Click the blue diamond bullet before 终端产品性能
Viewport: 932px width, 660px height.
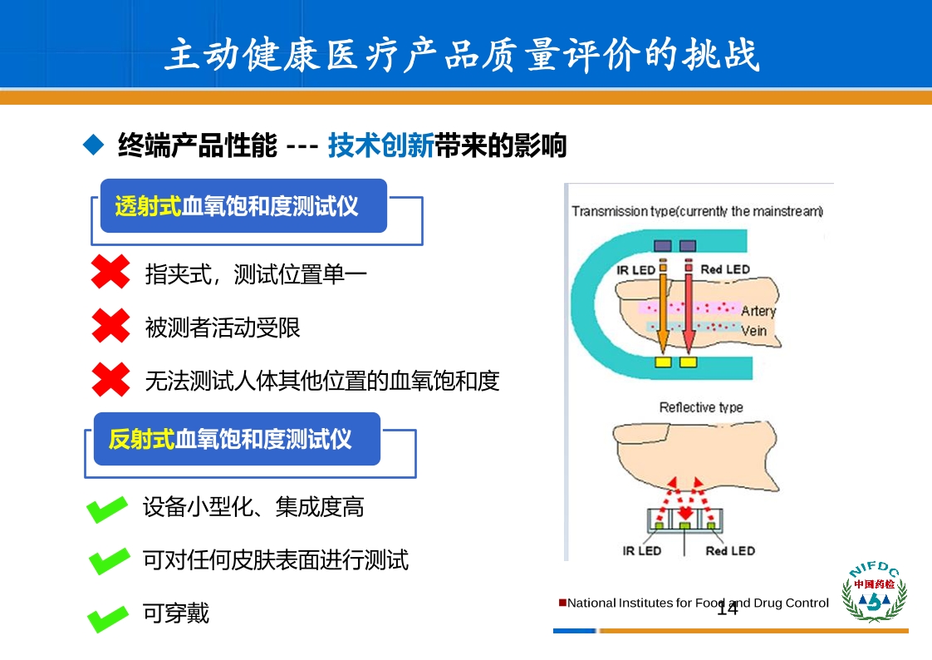[94, 145]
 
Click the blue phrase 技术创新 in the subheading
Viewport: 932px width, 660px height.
[381, 145]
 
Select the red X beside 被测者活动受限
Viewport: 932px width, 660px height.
[110, 326]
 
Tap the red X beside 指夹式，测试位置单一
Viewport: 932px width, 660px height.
[110, 272]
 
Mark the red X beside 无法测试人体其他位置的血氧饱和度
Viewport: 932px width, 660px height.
[110, 379]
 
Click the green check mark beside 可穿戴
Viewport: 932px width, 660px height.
[108, 618]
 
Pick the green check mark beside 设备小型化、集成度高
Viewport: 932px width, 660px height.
[107, 509]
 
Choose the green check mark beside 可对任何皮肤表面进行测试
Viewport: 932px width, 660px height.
[109, 561]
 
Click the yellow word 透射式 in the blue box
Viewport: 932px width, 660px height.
[148, 206]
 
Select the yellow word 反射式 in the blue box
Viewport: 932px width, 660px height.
[141, 440]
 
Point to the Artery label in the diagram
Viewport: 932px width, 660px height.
[758, 311]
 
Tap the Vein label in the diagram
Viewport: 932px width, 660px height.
[753, 331]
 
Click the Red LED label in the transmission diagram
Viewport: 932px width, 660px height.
[725, 269]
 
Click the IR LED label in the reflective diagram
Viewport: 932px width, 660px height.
[642, 551]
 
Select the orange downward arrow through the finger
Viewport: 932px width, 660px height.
[663, 307]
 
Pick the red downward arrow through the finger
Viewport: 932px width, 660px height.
[689, 307]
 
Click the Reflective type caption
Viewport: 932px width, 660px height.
[701, 407]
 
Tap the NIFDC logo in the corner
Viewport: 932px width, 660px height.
[874, 591]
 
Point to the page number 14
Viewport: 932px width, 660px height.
[727, 608]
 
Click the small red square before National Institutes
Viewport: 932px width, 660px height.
[562, 603]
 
